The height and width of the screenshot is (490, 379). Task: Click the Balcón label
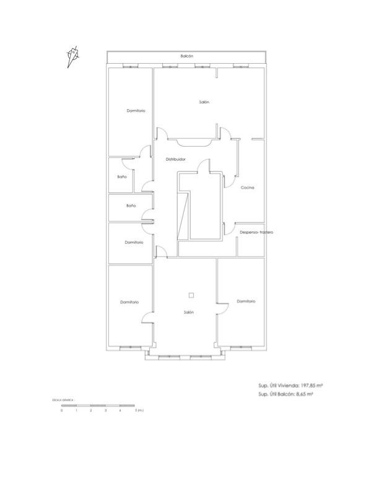[x=187, y=56]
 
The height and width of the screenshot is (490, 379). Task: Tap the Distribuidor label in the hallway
[x=175, y=160]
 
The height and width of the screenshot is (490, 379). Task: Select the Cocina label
[x=248, y=187]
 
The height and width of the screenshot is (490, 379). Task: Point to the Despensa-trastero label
[x=256, y=233]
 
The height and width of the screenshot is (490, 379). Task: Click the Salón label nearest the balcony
[x=204, y=102]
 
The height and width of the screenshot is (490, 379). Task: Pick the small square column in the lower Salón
[x=191, y=295]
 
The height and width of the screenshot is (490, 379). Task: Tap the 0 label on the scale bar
[x=62, y=411]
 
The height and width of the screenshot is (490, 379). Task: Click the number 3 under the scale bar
[x=105, y=411]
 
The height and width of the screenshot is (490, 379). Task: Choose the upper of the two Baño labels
[x=121, y=177]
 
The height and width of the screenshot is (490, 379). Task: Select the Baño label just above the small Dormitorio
[x=131, y=205]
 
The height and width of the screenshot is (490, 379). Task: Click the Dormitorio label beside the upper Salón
[x=136, y=111]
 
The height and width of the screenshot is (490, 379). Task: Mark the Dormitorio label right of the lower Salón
[x=246, y=301]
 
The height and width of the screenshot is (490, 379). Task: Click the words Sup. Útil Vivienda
[x=279, y=385]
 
